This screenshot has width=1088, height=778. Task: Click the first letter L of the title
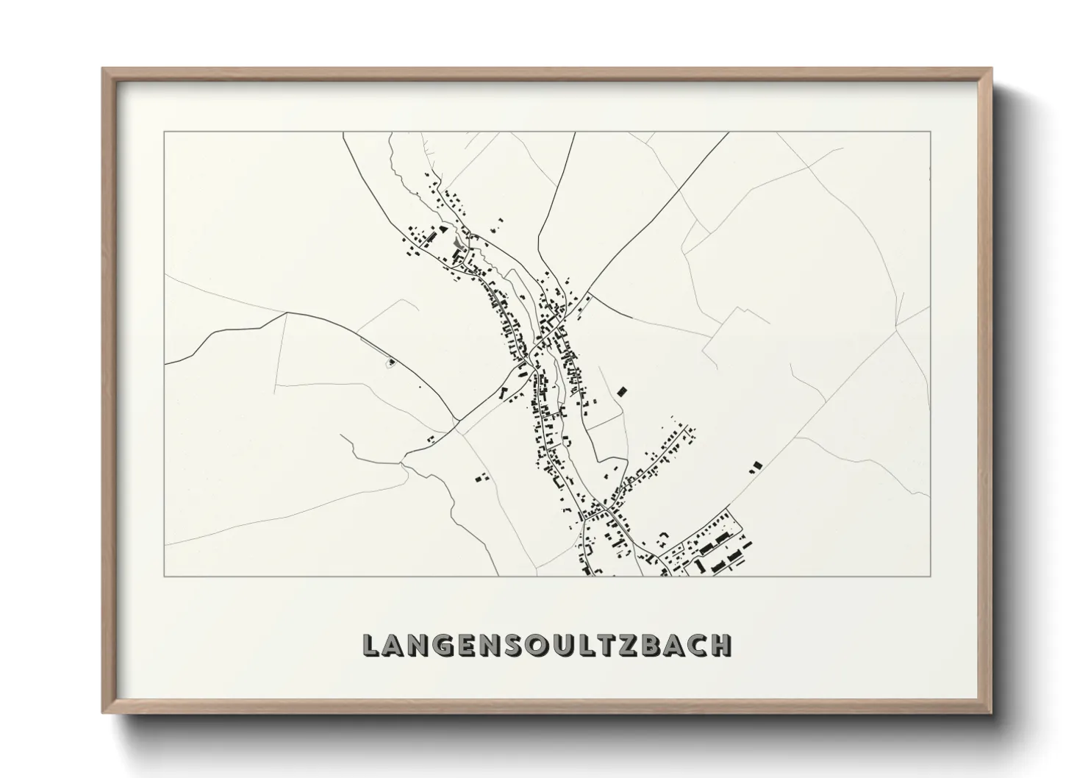[372, 645]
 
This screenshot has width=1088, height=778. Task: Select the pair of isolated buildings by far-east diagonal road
[755, 465]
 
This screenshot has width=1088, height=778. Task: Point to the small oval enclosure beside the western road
[391, 361]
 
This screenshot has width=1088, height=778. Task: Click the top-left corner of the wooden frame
[103, 69]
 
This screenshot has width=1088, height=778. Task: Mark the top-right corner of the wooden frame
[991, 69]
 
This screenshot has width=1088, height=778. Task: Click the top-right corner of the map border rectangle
[931, 132]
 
